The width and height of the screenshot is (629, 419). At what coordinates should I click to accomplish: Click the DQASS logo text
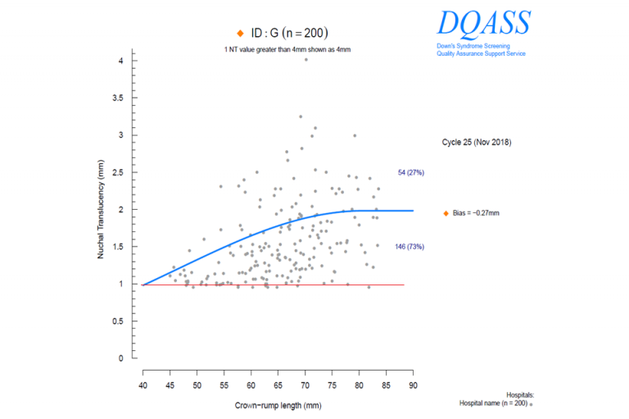[483, 23]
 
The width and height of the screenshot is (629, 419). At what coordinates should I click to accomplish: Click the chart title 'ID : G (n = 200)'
[288, 33]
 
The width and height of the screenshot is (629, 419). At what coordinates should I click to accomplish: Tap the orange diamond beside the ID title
[239, 33]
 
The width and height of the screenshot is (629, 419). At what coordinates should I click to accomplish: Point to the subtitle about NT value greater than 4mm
[287, 50]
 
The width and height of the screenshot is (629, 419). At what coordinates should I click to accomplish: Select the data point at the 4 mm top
[305, 59]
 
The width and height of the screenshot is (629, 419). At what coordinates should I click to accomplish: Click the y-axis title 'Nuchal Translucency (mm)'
[101, 210]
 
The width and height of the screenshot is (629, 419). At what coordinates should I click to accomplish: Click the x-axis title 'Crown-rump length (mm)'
[277, 406]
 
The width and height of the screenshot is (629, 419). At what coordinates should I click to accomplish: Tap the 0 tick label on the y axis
[122, 358]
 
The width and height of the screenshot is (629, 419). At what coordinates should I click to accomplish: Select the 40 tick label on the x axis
[143, 385]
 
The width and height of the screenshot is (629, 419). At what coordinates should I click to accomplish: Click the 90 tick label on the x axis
[413, 385]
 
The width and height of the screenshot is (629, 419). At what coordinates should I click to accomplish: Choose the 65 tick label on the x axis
[278, 385]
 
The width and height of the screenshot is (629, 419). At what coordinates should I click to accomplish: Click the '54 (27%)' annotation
[410, 172]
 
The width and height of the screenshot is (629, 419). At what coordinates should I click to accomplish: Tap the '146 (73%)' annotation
[410, 246]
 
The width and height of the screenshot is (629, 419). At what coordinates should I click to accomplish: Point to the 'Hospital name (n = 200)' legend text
[493, 403]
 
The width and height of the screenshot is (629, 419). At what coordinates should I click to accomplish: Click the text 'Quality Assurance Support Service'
[481, 53]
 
